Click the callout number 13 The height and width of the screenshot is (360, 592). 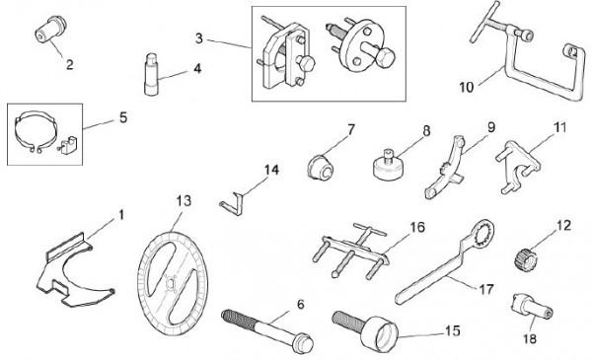pos(184,201)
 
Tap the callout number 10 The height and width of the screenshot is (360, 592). pos(467,87)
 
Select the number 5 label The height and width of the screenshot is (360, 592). pos(123,117)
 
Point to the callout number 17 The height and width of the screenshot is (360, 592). pos(486,289)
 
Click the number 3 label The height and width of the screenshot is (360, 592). pos(199,38)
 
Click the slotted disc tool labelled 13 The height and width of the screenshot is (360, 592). pos(173,284)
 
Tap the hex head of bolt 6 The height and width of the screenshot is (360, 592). pos(303,342)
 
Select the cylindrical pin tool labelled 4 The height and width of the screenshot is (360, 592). pos(152,75)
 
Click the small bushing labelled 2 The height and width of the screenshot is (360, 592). pos(51,30)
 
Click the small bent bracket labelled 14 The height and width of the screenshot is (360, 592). pos(232,204)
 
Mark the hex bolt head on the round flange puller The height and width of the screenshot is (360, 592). pos(385,58)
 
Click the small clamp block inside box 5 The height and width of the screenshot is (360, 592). pos(69,146)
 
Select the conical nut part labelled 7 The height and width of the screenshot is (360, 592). pos(321,169)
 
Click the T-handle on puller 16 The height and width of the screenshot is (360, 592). pos(370,230)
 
